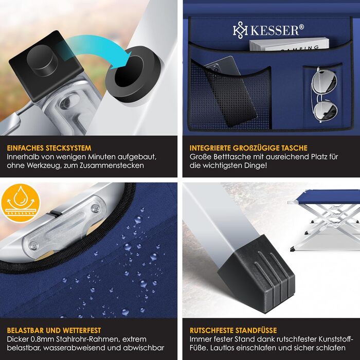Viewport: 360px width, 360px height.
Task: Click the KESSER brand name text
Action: pyautogui.click(x=275, y=30)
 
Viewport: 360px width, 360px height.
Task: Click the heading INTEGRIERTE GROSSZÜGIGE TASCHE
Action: pyautogui.click(x=249, y=147)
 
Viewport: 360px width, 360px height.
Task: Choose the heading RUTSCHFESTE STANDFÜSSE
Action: pyautogui.click(x=233, y=330)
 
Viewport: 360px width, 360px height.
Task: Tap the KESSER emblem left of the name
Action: pyautogui.click(x=239, y=30)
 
